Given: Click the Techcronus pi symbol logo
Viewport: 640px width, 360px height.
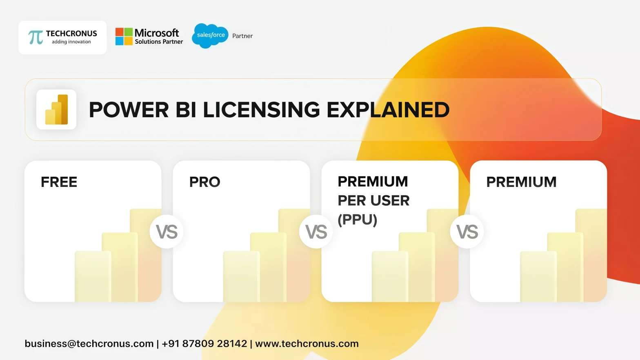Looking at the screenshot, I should click(x=36, y=37).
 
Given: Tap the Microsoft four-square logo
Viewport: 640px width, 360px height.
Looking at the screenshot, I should click(x=124, y=36).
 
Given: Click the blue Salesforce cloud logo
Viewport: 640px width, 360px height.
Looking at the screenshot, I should click(x=210, y=36).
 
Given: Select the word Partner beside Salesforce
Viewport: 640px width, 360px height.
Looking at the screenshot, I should click(x=242, y=36).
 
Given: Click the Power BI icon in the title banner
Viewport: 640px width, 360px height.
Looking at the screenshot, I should click(x=56, y=109).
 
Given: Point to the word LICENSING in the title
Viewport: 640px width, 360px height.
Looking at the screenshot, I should click(x=261, y=110).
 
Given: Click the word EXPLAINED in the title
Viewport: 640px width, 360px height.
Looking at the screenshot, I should click(x=388, y=110).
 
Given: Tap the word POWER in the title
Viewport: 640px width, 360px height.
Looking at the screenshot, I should click(x=129, y=110).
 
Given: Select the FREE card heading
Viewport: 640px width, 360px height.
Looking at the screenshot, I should click(x=59, y=182).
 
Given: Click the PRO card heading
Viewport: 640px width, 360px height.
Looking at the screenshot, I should click(x=205, y=182).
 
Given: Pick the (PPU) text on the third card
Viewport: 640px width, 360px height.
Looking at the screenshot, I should click(x=358, y=220).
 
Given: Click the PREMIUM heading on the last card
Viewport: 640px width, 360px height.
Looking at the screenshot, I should click(x=521, y=182).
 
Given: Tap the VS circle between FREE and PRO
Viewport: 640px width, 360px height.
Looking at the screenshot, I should click(x=167, y=232).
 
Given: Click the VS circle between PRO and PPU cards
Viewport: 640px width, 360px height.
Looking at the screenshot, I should click(x=316, y=232).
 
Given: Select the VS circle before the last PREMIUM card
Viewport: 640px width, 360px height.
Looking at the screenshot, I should click(x=467, y=232).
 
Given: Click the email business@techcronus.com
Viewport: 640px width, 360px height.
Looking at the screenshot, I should click(x=89, y=344).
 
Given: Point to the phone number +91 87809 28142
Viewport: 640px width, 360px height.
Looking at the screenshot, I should click(x=204, y=344).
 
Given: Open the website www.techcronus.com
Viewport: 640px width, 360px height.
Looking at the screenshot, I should click(x=307, y=344).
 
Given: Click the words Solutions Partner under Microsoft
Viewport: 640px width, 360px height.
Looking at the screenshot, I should click(x=159, y=42).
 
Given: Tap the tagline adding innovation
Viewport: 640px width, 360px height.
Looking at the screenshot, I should click(x=71, y=42).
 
